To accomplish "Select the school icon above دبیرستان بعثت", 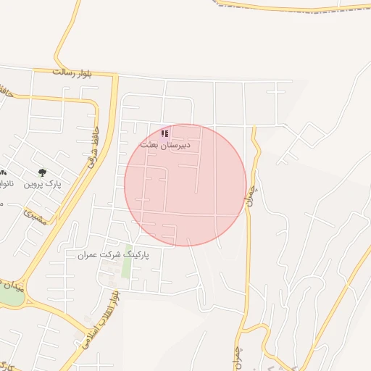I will [165, 133].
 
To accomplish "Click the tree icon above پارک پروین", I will [41, 172].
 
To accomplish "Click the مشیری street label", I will [35, 217].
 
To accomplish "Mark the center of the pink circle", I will [185, 185].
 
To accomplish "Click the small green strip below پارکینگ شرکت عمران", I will [128, 264].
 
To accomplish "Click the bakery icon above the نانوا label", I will [3, 172].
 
